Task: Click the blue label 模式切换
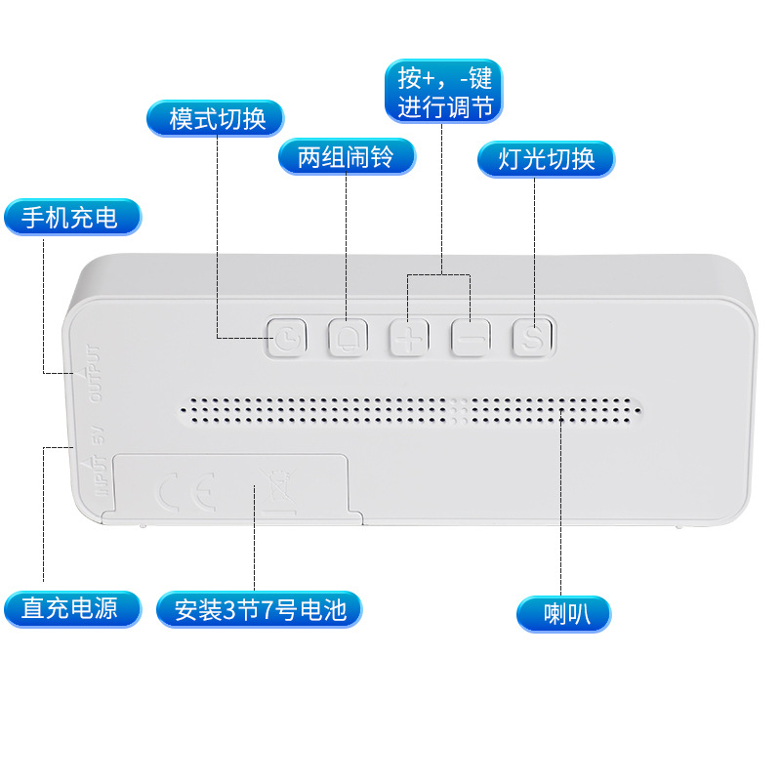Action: (216, 118)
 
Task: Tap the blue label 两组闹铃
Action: (347, 156)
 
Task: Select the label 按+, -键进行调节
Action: (443, 92)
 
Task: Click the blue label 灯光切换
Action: (546, 159)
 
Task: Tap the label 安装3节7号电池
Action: (260, 610)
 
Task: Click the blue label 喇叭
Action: (563, 614)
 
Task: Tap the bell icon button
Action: (347, 337)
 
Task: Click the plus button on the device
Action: (409, 337)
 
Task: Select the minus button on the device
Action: (470, 337)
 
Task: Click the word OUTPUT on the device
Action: (94, 373)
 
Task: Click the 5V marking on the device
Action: (98, 439)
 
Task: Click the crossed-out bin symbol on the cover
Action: (274, 488)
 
